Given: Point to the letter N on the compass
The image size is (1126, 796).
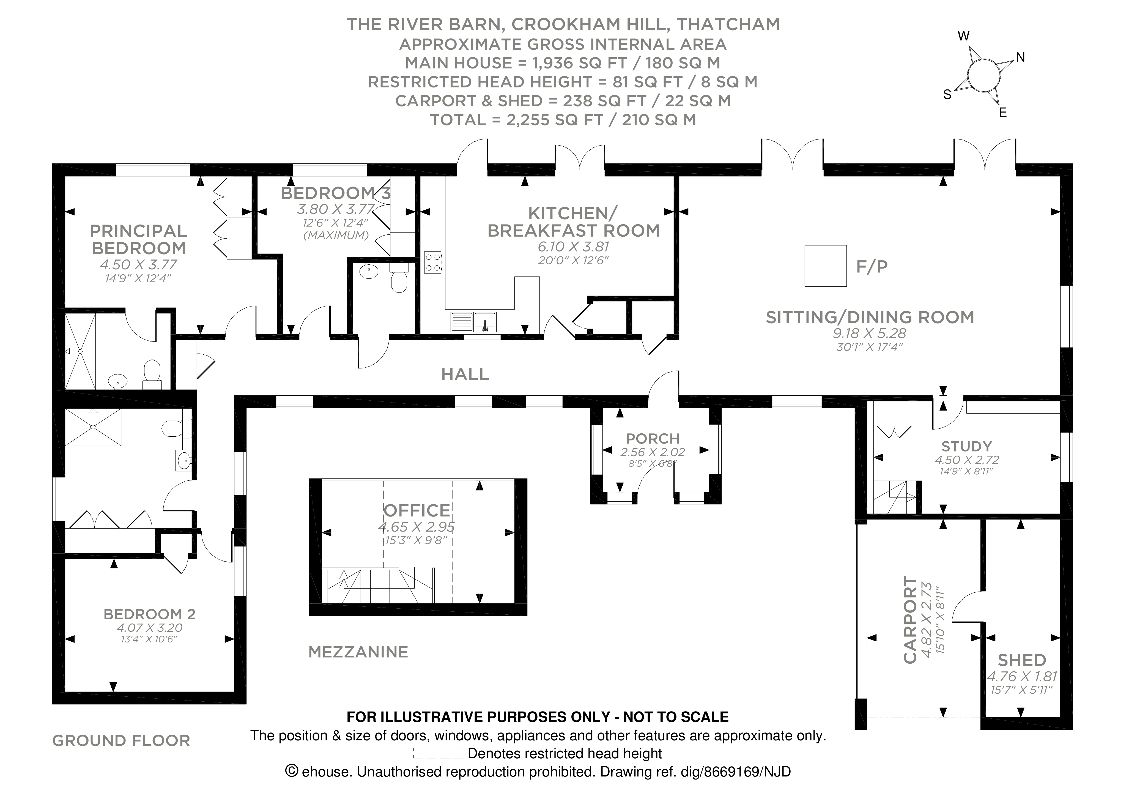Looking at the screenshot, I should [1021, 58].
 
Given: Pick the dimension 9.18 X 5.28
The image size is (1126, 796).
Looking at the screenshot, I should [870, 333].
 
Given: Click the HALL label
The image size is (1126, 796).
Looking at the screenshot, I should [465, 374].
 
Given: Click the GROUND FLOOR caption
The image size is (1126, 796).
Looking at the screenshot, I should [121, 741].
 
